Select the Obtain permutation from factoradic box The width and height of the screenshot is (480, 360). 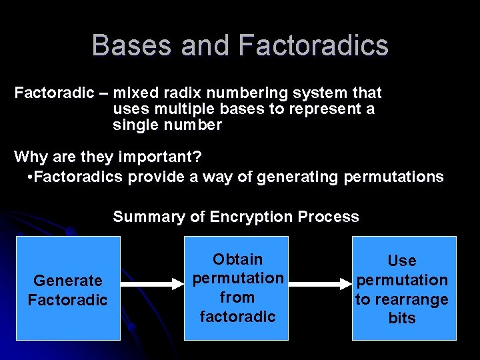(x=237, y=288)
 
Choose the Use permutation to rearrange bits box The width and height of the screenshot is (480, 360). (x=403, y=288)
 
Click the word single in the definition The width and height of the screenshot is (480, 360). (x=131, y=125)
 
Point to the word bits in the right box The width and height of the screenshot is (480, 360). (x=402, y=318)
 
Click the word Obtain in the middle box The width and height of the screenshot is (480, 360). (x=237, y=259)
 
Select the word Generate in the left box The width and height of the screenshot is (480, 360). (x=68, y=281)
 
